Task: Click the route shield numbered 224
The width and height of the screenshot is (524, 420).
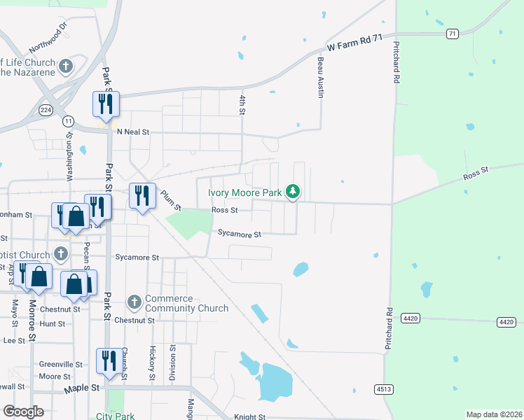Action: pos(46,110)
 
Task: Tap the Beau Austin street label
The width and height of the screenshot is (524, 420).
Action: pos(320,78)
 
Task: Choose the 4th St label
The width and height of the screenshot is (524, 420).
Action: pos(242,105)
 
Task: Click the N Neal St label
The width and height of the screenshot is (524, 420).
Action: pos(133,132)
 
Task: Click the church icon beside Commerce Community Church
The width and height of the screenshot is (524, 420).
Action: pos(135,303)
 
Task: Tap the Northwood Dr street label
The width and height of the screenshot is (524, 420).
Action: pos(48,39)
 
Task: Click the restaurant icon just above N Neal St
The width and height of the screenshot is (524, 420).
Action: pos(106,105)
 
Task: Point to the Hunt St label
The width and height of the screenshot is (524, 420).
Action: pos(53,324)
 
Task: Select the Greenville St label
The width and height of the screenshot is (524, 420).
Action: pos(60,365)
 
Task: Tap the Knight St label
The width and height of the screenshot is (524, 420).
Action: pos(250,416)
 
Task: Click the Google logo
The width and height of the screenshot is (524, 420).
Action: pos(23,412)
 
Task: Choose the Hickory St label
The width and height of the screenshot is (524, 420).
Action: pos(152,363)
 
